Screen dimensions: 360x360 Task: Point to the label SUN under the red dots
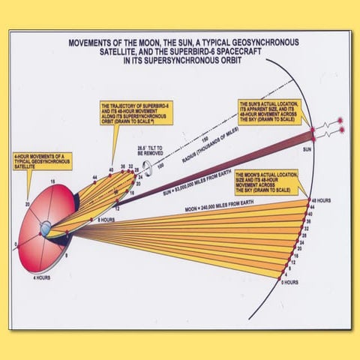pyautogui.click(x=327, y=148)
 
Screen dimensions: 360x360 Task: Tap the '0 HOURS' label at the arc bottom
pyautogui.click(x=290, y=282)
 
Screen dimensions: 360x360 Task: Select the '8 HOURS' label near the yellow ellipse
pyautogui.click(x=105, y=219)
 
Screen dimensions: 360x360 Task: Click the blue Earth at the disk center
pyautogui.click(x=46, y=226)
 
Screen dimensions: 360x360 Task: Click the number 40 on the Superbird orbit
pyautogui.click(x=109, y=169)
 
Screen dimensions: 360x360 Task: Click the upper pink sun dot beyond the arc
pyautogui.click(x=340, y=120)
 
